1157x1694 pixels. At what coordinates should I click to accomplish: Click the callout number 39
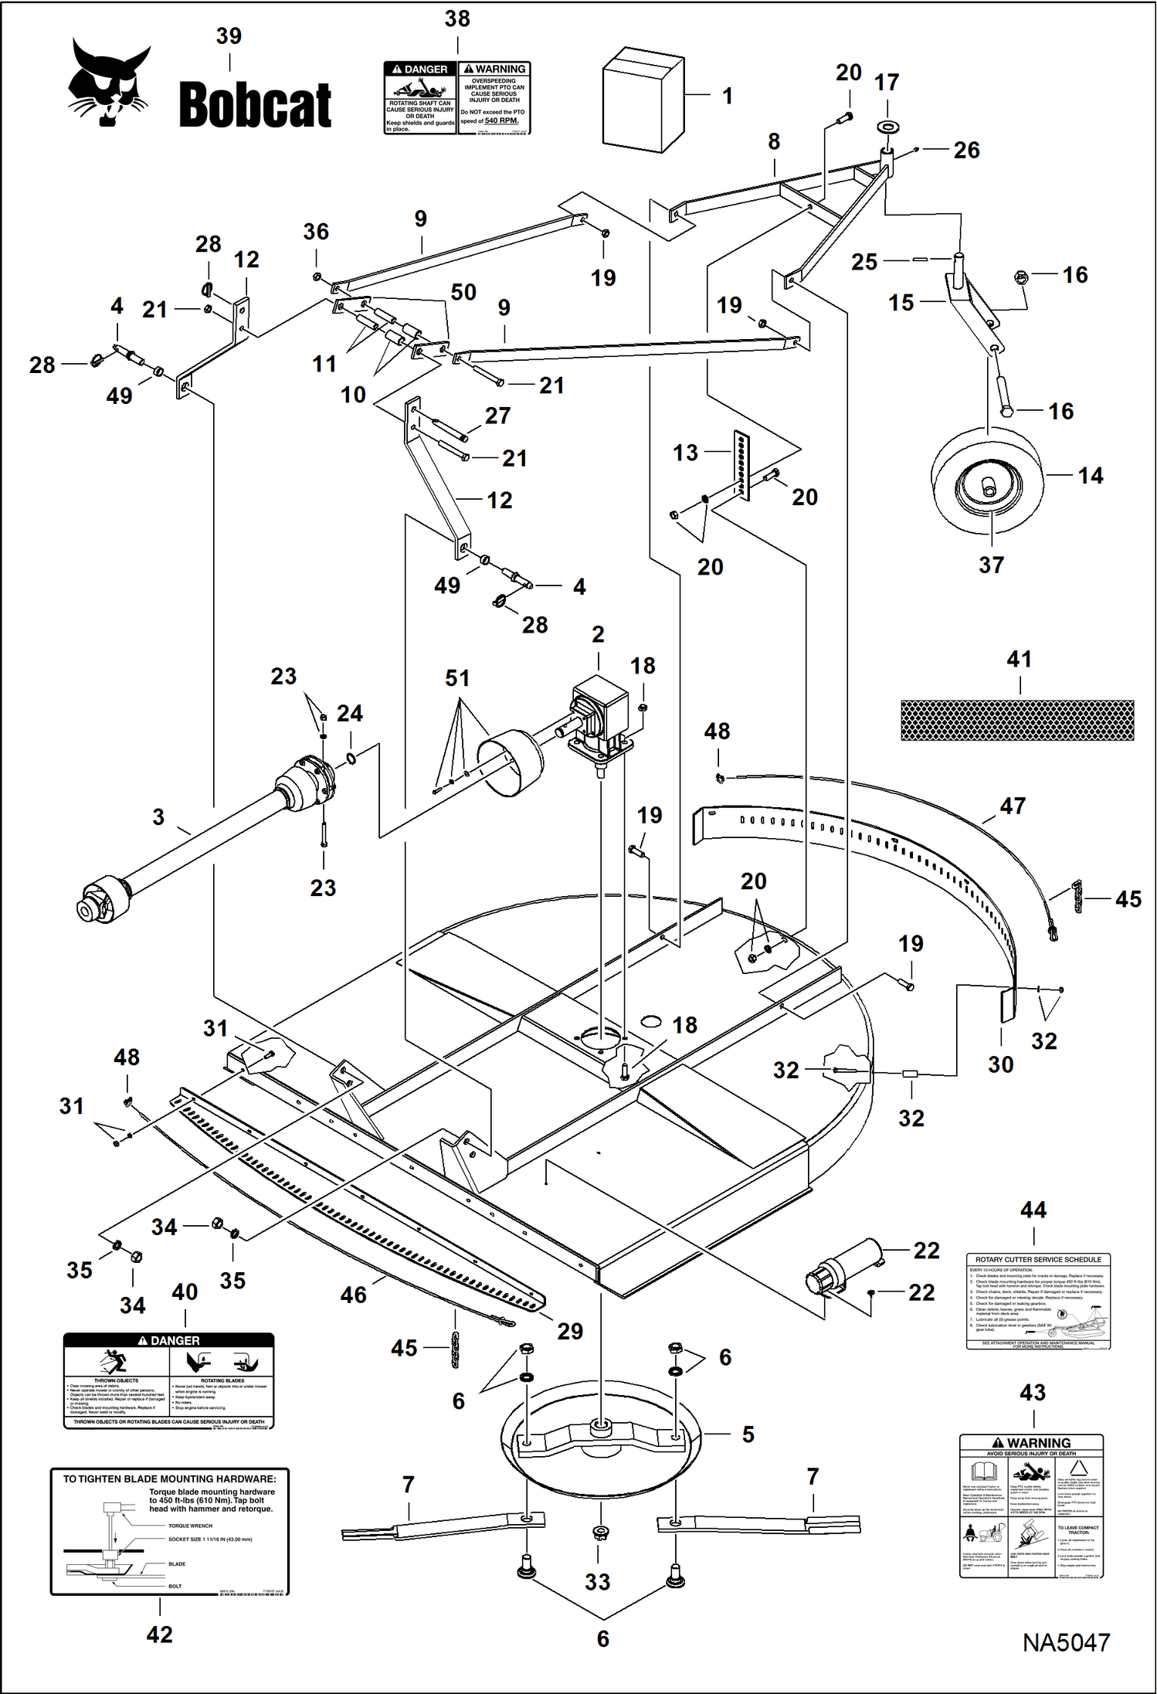point(229,36)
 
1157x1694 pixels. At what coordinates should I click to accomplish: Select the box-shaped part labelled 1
point(643,100)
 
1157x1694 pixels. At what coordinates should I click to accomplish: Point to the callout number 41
point(1019,659)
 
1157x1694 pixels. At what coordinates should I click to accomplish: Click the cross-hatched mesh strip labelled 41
point(1017,720)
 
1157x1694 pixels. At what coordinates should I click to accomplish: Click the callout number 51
point(457,678)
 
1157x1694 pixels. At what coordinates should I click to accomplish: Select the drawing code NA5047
point(1066,1641)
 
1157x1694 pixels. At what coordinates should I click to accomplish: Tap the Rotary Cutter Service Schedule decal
point(1038,1301)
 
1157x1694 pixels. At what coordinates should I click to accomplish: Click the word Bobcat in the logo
point(255,105)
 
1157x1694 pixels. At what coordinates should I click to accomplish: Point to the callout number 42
point(160,1634)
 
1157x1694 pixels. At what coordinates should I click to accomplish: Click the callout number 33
point(598,1581)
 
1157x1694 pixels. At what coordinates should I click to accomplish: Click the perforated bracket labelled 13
point(741,465)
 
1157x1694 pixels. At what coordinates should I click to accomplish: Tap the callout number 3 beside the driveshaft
point(158,816)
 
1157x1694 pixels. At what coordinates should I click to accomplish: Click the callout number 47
point(1013,806)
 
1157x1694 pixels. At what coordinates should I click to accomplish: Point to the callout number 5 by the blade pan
point(748,1434)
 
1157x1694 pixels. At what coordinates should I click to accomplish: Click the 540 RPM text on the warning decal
point(501,121)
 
